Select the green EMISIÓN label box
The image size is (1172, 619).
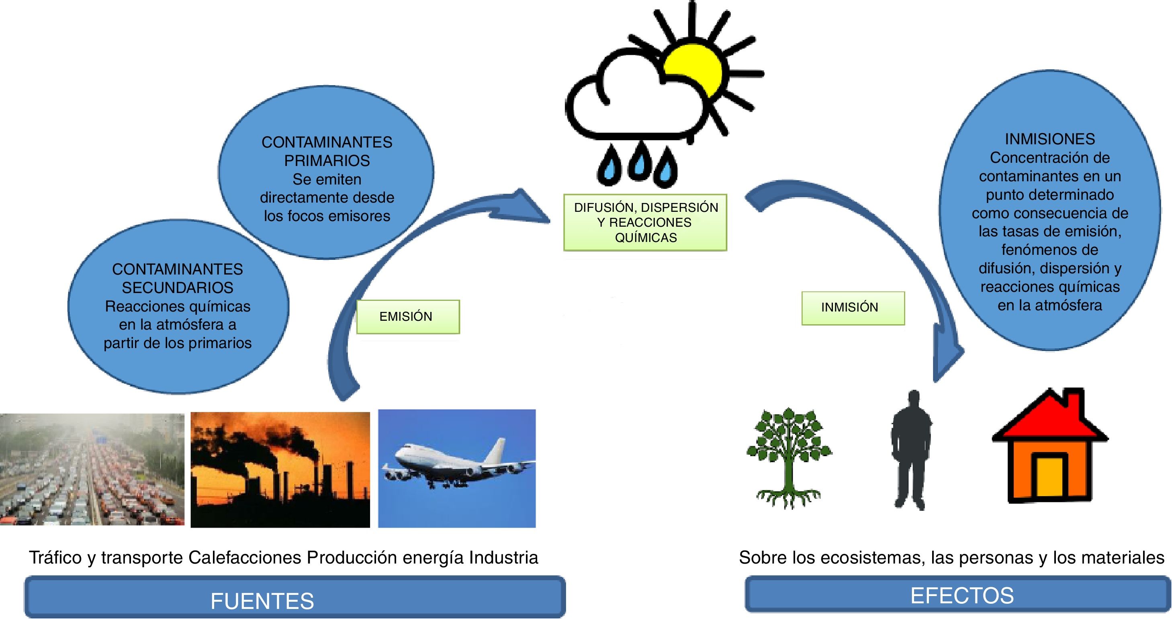(x=408, y=317)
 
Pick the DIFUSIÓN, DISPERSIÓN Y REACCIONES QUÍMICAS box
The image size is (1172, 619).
(x=645, y=223)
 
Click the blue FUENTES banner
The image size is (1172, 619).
(x=295, y=597)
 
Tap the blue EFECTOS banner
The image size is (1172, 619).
(x=957, y=594)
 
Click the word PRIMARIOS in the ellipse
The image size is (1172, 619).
(x=327, y=161)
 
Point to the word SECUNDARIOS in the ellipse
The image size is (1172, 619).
(x=178, y=288)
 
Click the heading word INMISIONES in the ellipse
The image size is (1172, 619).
(x=1049, y=139)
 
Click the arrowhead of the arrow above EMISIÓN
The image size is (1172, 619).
(x=530, y=207)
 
